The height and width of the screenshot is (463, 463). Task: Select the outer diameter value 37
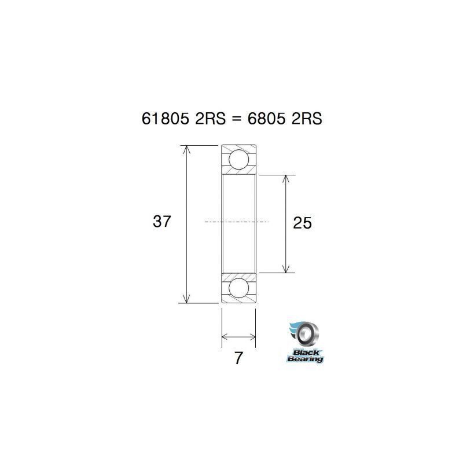point(162,221)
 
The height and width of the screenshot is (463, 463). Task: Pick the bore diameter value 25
point(303,223)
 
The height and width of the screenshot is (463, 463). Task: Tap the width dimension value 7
point(238,358)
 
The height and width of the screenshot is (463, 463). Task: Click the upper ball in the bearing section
point(238,160)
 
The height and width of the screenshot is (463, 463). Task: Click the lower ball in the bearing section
point(238,288)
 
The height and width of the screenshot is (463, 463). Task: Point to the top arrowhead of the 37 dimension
point(186,149)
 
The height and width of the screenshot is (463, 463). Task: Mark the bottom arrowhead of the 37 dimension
point(186,298)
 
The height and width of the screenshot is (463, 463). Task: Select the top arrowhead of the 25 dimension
point(285,179)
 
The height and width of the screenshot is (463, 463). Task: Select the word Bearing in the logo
point(305,359)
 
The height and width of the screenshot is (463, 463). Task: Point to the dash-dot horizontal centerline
point(237,222)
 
